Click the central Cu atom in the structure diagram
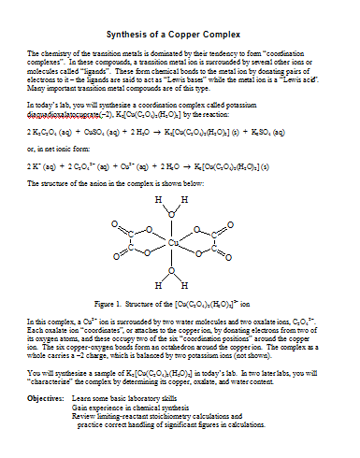tap(175, 245)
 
